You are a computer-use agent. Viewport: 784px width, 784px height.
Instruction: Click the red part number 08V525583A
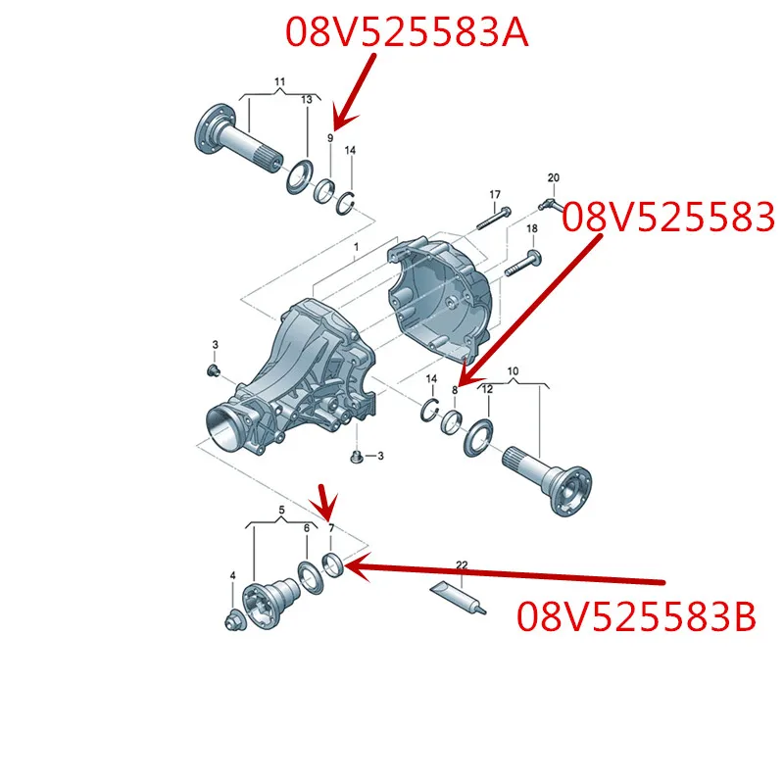[x=407, y=32]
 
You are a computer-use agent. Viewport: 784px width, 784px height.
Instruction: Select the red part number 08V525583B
[x=636, y=616]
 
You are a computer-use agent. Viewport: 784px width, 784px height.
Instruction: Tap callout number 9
[x=330, y=137]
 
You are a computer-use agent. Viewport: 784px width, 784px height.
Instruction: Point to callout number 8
[x=455, y=390]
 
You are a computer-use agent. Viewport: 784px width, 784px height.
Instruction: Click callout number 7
[x=331, y=528]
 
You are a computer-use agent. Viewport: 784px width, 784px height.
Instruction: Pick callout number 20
[x=553, y=177]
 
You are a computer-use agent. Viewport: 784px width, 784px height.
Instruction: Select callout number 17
[x=495, y=194]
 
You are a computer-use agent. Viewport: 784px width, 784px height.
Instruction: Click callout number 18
[x=531, y=228]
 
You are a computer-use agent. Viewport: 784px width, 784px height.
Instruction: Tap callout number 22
[x=462, y=565]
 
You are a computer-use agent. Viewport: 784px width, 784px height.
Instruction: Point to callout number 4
[x=232, y=576]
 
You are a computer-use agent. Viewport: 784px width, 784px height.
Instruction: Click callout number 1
[x=356, y=247]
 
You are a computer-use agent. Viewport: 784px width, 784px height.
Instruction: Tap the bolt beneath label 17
[x=494, y=218]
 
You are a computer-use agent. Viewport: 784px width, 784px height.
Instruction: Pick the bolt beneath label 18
[x=523, y=264]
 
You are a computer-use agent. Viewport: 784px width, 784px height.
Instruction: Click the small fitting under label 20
[x=550, y=204]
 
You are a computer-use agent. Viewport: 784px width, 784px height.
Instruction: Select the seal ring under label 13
[x=300, y=177]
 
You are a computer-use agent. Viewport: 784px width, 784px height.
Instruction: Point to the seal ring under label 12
[x=478, y=438]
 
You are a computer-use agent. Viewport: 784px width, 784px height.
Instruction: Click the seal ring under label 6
[x=311, y=577]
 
